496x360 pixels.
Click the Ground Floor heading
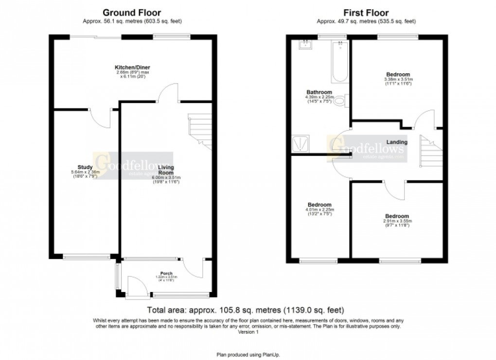coord(132,13)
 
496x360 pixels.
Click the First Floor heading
coord(366,13)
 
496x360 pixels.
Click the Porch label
coord(166,273)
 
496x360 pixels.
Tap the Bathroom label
coord(319,92)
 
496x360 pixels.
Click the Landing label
coord(397,142)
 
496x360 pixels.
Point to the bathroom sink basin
coord(306,45)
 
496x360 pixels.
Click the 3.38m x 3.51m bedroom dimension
coord(398,81)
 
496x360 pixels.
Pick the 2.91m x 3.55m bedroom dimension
coord(397,223)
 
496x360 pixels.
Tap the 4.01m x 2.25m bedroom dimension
coord(319,211)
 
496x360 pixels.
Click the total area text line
coord(246,310)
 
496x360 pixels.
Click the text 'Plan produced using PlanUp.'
coord(248,355)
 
